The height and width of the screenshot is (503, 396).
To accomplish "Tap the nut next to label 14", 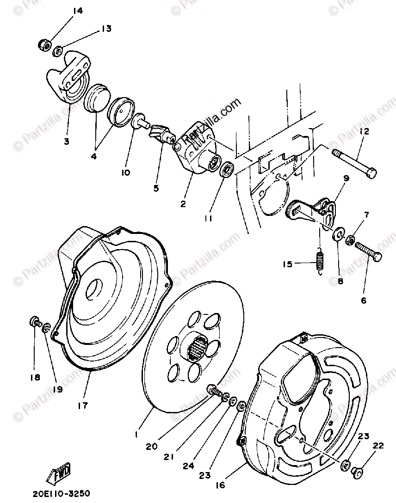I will click(x=44, y=45).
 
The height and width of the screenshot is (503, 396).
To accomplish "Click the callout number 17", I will click(x=82, y=405).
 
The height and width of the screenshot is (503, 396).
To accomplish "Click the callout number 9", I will click(x=346, y=178).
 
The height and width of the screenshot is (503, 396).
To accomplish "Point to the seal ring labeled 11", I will click(x=227, y=170).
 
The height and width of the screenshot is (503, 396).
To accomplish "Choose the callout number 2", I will click(x=183, y=204).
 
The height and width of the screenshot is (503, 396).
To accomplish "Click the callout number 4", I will click(x=94, y=156).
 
